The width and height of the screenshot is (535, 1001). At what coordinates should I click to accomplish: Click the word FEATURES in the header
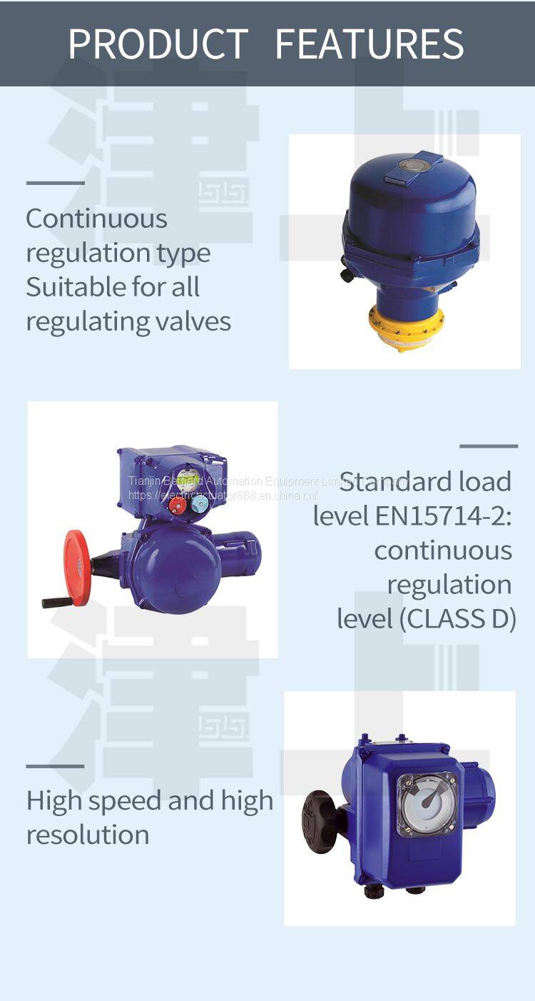coord(370,44)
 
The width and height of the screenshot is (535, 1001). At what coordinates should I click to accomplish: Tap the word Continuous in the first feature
coord(96,218)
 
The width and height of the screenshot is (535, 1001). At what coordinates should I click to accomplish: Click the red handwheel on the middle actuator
coord(76,568)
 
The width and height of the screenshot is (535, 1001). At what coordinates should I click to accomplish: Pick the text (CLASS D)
coord(457,619)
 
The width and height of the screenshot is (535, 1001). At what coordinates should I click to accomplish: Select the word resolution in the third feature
coord(88,835)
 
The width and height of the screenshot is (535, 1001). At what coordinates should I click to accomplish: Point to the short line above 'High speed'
coord(55,766)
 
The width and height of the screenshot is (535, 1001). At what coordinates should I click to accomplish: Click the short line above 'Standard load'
coord(489,446)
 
